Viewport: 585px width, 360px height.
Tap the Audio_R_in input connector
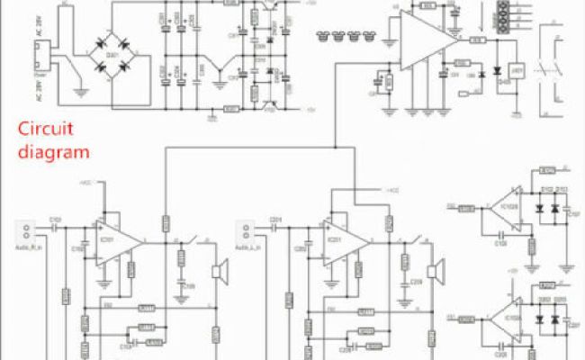click(x=26, y=229)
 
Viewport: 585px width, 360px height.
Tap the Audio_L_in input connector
click(x=246, y=229)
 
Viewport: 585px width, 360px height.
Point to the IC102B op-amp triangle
click(x=506, y=209)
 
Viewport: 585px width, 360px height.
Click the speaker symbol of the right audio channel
click(x=217, y=272)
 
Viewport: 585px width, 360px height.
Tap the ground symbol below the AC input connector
click(x=78, y=90)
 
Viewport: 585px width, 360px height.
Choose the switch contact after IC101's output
click(x=192, y=241)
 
